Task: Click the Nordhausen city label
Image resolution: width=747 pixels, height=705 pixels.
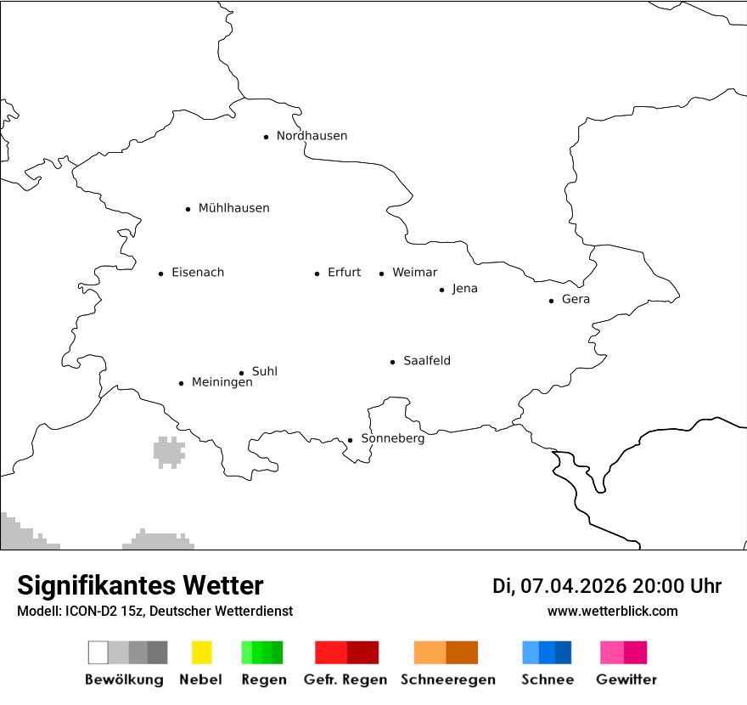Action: (312, 136)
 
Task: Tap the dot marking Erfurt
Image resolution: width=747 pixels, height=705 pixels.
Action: (317, 274)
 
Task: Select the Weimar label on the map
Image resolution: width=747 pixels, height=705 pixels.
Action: (414, 273)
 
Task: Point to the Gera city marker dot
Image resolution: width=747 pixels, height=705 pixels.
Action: (551, 301)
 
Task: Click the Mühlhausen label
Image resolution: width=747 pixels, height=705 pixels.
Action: (233, 208)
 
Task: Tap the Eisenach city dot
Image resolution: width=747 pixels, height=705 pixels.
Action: (160, 274)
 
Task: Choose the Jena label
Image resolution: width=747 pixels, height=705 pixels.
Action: (464, 289)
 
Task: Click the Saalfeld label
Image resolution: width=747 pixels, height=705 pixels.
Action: (426, 361)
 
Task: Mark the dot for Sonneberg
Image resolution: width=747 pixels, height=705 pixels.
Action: (350, 440)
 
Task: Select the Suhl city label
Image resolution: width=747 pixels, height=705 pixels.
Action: (264, 371)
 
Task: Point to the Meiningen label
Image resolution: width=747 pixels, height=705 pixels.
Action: (222, 382)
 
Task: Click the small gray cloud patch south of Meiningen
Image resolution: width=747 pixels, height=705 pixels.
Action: (169, 452)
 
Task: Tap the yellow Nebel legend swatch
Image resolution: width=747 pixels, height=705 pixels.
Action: (201, 652)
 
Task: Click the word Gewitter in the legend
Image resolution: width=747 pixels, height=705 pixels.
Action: (626, 680)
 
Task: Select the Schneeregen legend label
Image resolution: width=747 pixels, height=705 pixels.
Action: (447, 680)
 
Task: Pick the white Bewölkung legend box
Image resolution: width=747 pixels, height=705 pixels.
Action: (98, 652)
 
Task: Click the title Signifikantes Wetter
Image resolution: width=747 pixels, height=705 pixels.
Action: (140, 586)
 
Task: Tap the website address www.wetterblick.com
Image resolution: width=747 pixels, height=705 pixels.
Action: (612, 611)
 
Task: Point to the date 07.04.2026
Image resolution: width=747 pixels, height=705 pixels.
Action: (573, 586)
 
